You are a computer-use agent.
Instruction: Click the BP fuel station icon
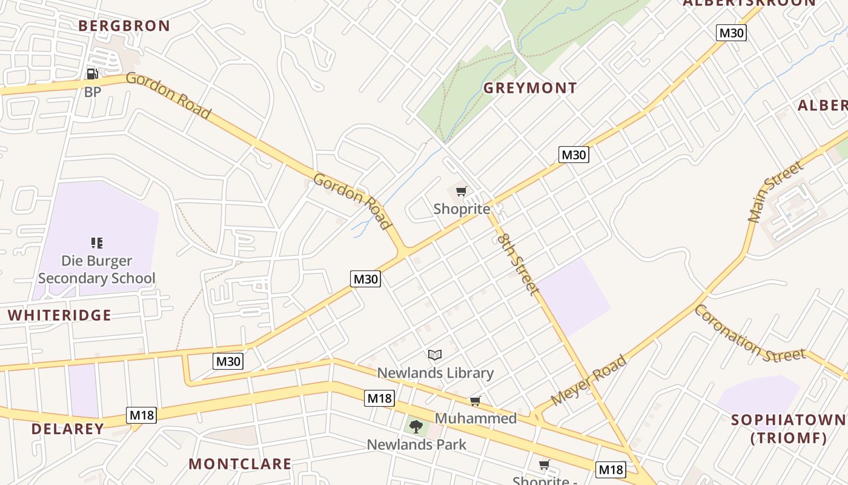[x=93, y=74]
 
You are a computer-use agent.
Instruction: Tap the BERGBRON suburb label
[x=124, y=26]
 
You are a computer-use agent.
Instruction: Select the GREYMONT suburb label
[x=529, y=89]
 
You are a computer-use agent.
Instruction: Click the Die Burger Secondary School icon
[x=96, y=243]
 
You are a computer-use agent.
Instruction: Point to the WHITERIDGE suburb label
[x=59, y=315]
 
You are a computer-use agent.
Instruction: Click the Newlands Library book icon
[x=435, y=355]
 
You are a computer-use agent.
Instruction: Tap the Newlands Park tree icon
[x=416, y=427]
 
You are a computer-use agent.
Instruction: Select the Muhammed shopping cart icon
[x=475, y=401]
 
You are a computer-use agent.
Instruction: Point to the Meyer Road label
[x=589, y=380]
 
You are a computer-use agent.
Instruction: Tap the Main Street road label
[x=775, y=192]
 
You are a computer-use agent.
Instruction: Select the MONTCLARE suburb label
[x=240, y=464]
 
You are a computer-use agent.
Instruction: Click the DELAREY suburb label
[x=68, y=429]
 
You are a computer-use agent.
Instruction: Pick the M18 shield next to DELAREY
[x=142, y=415]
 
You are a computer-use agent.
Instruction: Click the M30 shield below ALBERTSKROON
[x=731, y=33]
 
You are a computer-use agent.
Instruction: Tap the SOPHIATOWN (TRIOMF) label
[x=788, y=429]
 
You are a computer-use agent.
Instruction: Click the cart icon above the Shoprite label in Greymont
[x=462, y=192]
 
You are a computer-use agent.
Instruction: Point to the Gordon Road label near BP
[x=168, y=95]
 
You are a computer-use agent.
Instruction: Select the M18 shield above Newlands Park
[x=380, y=398]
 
